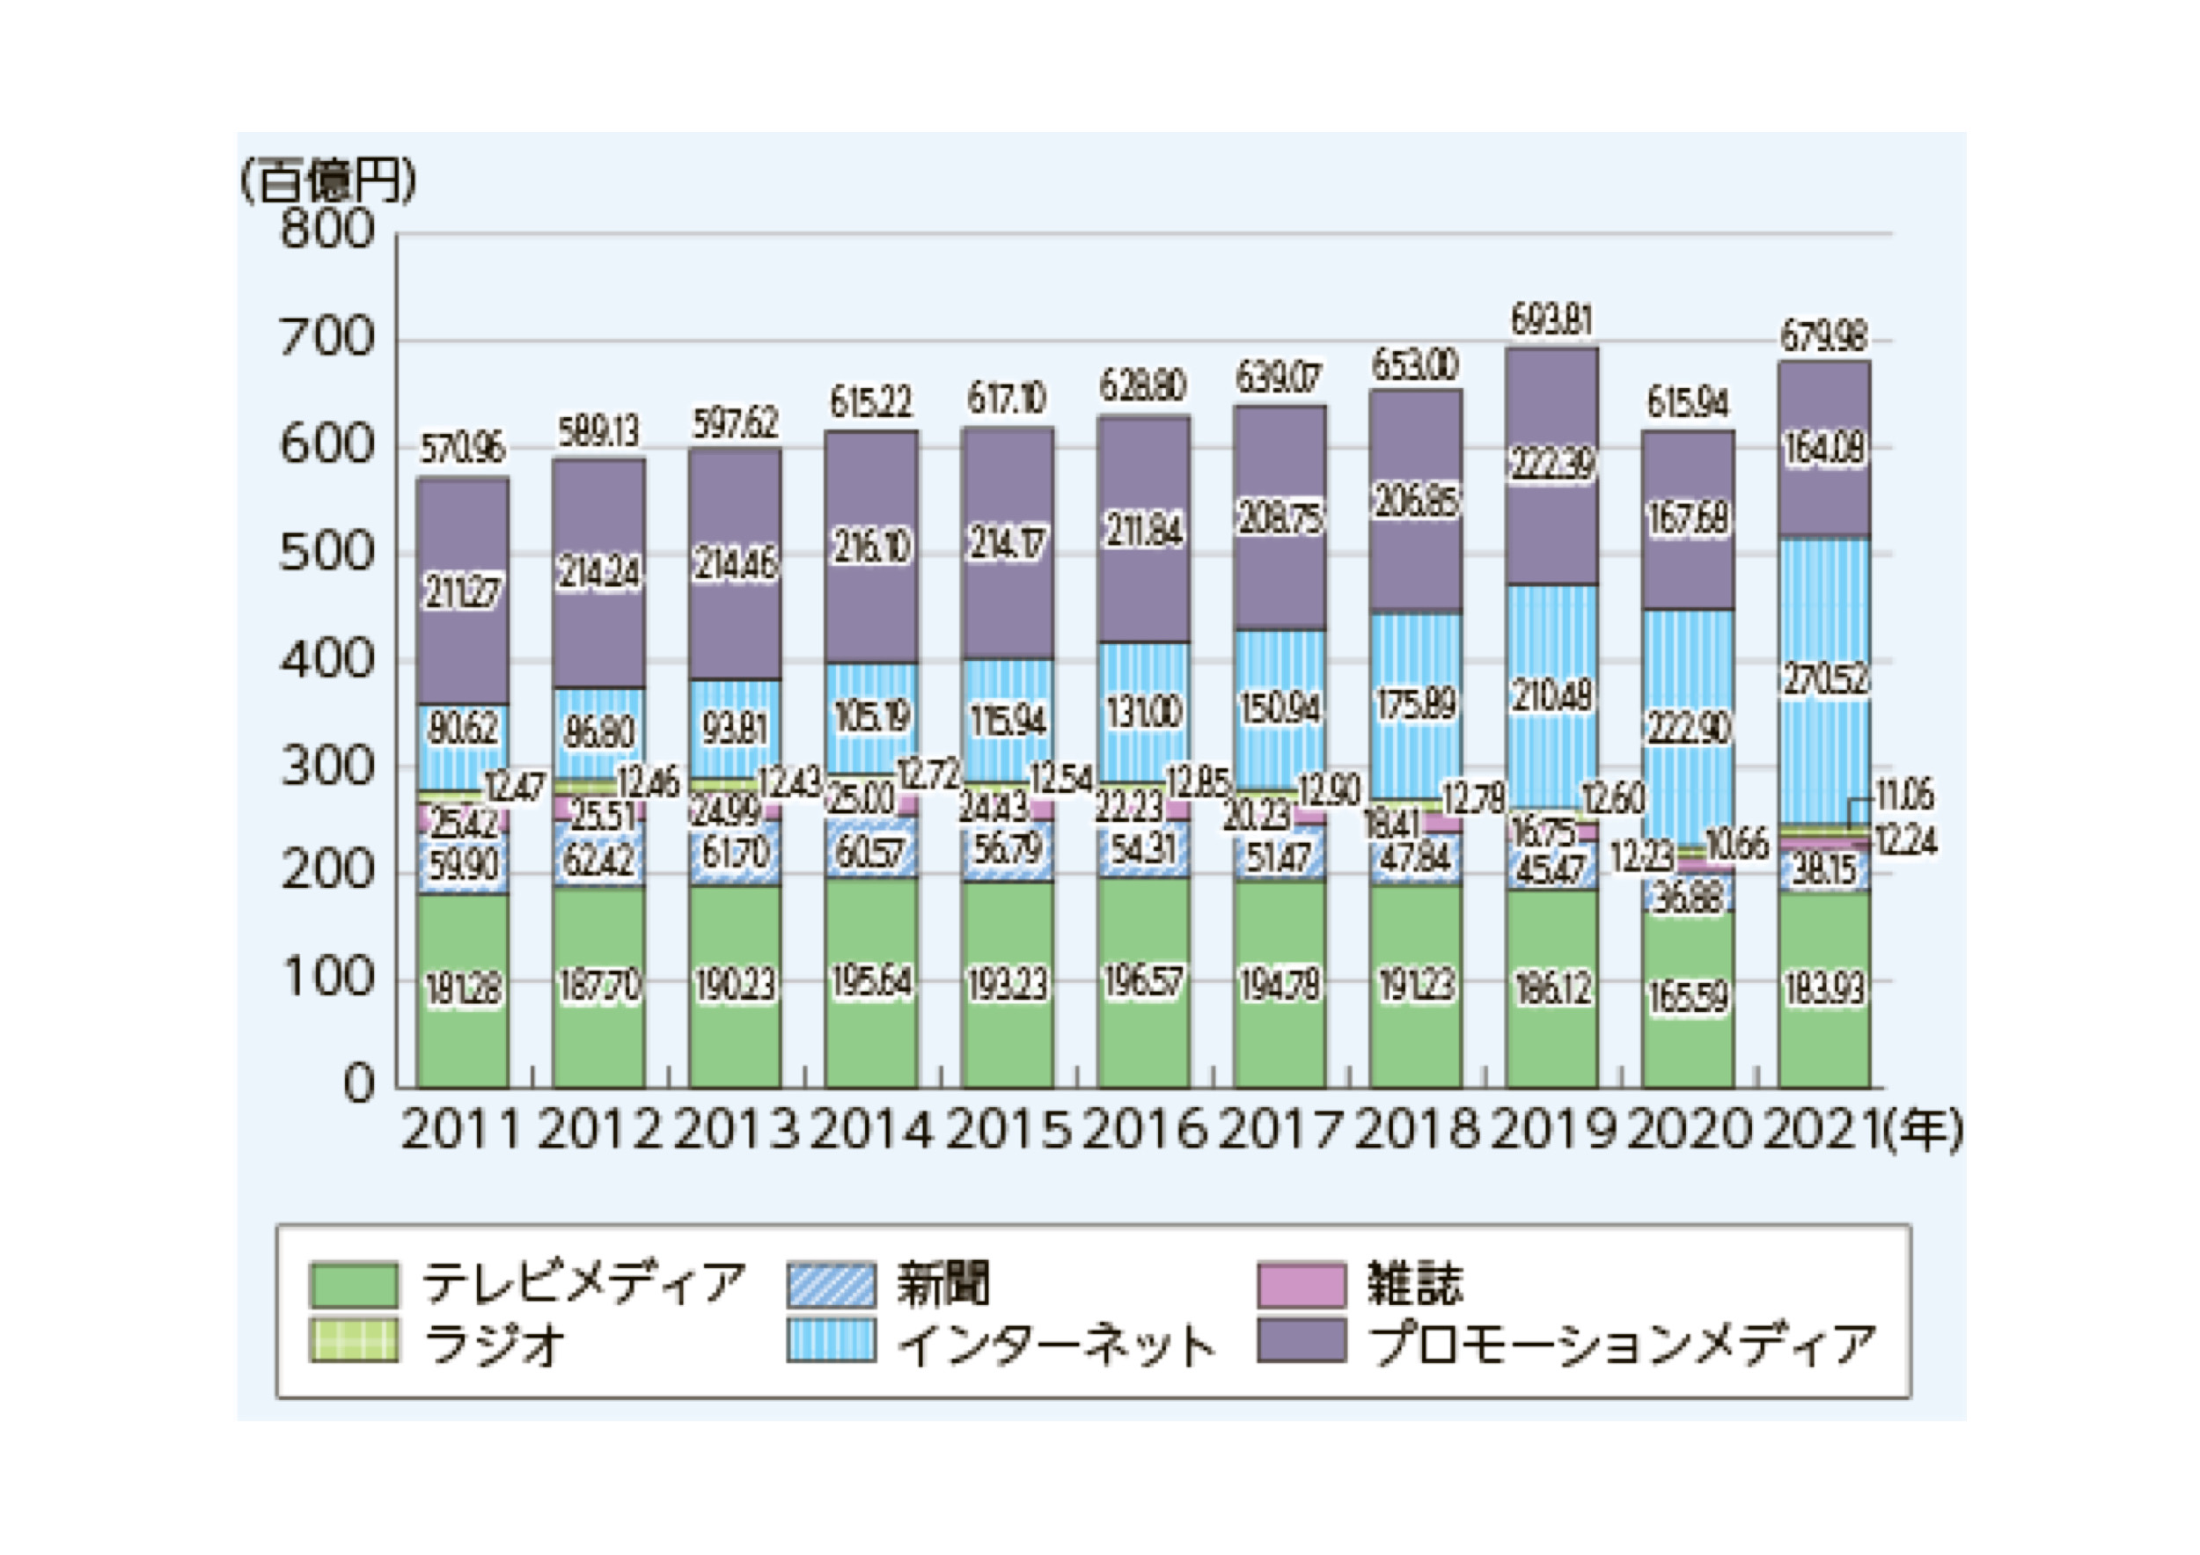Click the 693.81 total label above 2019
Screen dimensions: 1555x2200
(x=1551, y=320)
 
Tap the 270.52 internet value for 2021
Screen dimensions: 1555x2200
(x=1824, y=679)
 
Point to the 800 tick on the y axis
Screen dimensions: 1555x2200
(x=327, y=231)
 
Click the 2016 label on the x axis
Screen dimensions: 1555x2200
(x=1144, y=1131)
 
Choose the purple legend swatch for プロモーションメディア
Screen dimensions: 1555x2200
(x=1302, y=1340)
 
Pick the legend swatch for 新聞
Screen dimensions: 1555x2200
(x=831, y=1285)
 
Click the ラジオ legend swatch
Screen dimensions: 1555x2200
(x=354, y=1340)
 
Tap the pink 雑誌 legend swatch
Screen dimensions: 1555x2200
(x=1302, y=1285)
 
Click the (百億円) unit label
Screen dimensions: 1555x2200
(x=327, y=180)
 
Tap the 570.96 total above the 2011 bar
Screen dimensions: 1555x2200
(x=463, y=449)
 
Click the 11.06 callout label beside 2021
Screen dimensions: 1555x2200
(x=1904, y=796)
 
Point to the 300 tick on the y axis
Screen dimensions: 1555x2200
(x=327, y=766)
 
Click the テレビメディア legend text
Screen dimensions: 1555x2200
(x=583, y=1285)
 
